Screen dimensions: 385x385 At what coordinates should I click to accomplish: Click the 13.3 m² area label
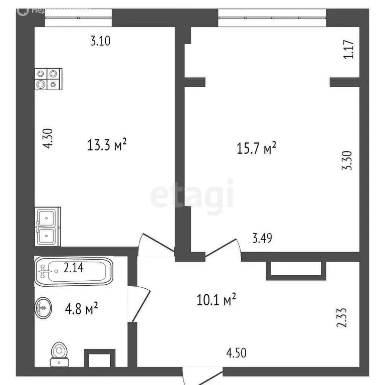[x=106, y=145]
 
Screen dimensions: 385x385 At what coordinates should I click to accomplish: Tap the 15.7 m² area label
[x=256, y=148]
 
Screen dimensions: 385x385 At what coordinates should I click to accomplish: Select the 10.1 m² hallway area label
[x=216, y=300]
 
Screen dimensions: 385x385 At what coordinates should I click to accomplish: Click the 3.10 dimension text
[x=100, y=41]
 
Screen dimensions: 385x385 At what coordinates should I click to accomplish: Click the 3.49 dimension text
[x=262, y=238]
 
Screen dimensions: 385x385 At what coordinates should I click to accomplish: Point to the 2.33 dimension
[x=342, y=317]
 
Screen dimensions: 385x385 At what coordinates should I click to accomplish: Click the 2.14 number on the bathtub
[x=73, y=268]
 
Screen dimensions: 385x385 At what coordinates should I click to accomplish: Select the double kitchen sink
[x=48, y=227]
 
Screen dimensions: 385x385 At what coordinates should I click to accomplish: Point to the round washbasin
[x=43, y=307]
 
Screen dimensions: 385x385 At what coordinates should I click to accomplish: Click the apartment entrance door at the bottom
[x=202, y=375]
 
